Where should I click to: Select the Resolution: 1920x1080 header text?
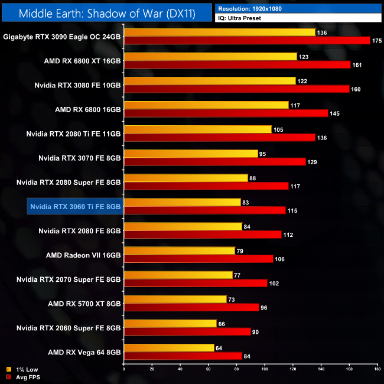pyautogui.click(x=251, y=8)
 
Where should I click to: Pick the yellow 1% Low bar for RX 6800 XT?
pyautogui.click(x=210, y=57)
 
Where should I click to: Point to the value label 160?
pyautogui.click(x=357, y=89)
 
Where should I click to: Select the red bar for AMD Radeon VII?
pyautogui.click(x=198, y=259)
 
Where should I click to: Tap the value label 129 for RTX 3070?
pyautogui.click(x=313, y=162)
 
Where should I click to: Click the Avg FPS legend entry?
pyautogui.click(x=24, y=378)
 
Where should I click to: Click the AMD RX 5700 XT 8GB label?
pyautogui.click(x=84, y=304)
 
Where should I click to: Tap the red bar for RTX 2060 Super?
pyautogui.click(x=187, y=331)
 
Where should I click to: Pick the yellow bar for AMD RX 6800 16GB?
pyautogui.click(x=206, y=105)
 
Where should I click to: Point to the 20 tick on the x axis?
pyautogui.click(x=152, y=370)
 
